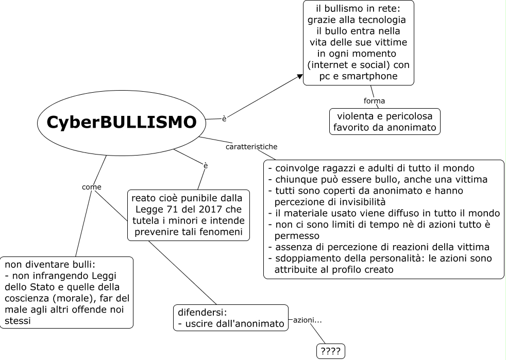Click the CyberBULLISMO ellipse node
[x=122, y=122]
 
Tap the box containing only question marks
[x=330, y=351]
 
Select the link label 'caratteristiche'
[x=251, y=147]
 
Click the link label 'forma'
[x=374, y=101]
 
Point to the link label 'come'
[x=92, y=187]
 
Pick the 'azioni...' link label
[x=308, y=320]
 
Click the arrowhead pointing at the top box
[x=299, y=76]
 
